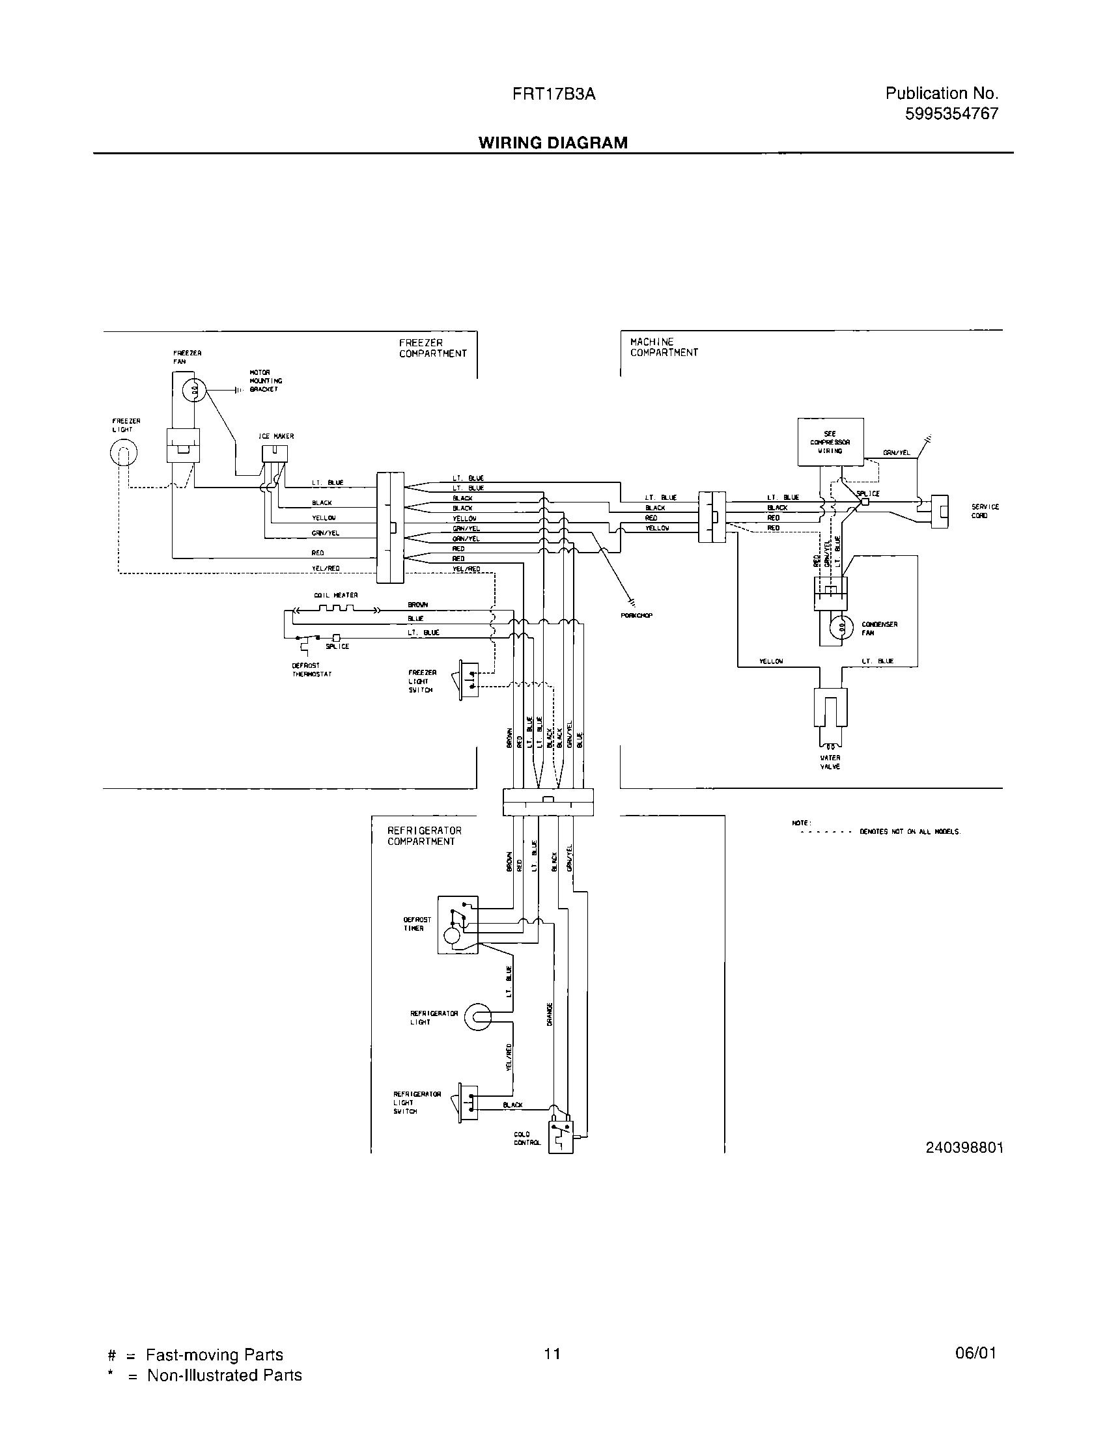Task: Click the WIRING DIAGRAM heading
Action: [552, 143]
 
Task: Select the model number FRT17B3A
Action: [554, 94]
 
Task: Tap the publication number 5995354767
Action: [951, 114]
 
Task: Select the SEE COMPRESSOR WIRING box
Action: [830, 443]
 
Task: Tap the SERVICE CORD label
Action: [985, 511]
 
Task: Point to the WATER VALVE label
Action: [830, 762]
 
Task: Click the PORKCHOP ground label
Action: [636, 615]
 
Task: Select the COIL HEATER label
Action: [336, 595]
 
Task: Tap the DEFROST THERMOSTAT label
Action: [311, 669]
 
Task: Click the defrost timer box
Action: [458, 925]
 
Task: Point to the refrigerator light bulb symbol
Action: [477, 1017]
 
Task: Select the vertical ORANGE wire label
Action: [550, 1014]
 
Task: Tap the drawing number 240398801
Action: [964, 1148]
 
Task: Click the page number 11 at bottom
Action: [552, 1353]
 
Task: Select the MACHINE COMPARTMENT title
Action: [664, 347]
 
